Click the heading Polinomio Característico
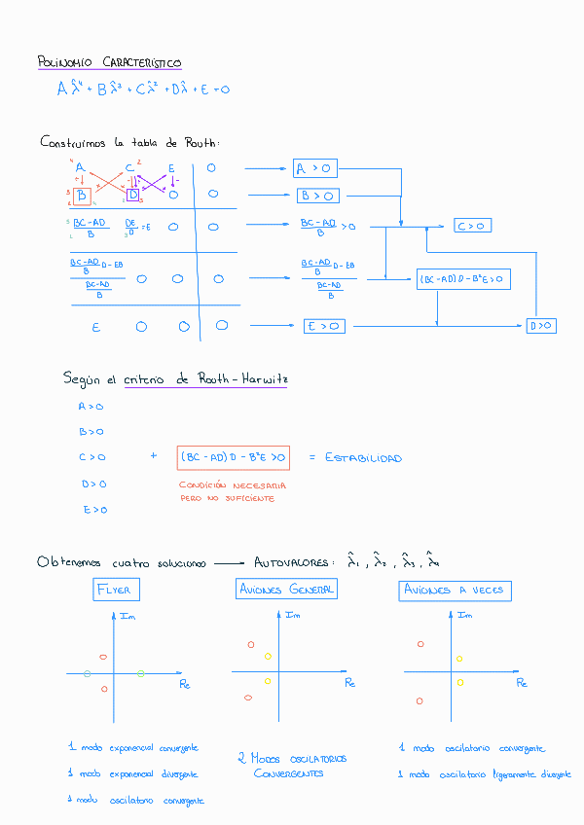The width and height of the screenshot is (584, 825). [x=109, y=63]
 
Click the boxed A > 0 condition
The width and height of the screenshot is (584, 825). [x=315, y=169]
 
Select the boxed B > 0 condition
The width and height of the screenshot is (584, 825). [x=318, y=196]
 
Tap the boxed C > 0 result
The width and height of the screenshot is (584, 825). [x=472, y=226]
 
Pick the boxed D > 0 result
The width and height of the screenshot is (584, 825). [x=541, y=325]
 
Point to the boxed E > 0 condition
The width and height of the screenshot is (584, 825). [x=324, y=326]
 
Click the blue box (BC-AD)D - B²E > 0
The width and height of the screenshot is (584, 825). [x=463, y=279]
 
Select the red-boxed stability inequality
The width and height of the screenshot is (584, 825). [x=233, y=456]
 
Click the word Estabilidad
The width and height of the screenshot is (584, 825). [x=363, y=457]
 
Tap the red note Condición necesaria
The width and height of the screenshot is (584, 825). [x=233, y=484]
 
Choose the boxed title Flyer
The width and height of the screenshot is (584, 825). [x=115, y=590]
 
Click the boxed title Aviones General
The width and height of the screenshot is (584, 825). [x=286, y=590]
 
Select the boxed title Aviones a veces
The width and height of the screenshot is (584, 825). [x=455, y=591]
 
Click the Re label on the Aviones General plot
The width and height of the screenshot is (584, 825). [x=350, y=683]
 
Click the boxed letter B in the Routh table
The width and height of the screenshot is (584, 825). [x=82, y=197]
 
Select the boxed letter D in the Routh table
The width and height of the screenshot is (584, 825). [x=133, y=196]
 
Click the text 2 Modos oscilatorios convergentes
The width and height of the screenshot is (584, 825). [x=292, y=766]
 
